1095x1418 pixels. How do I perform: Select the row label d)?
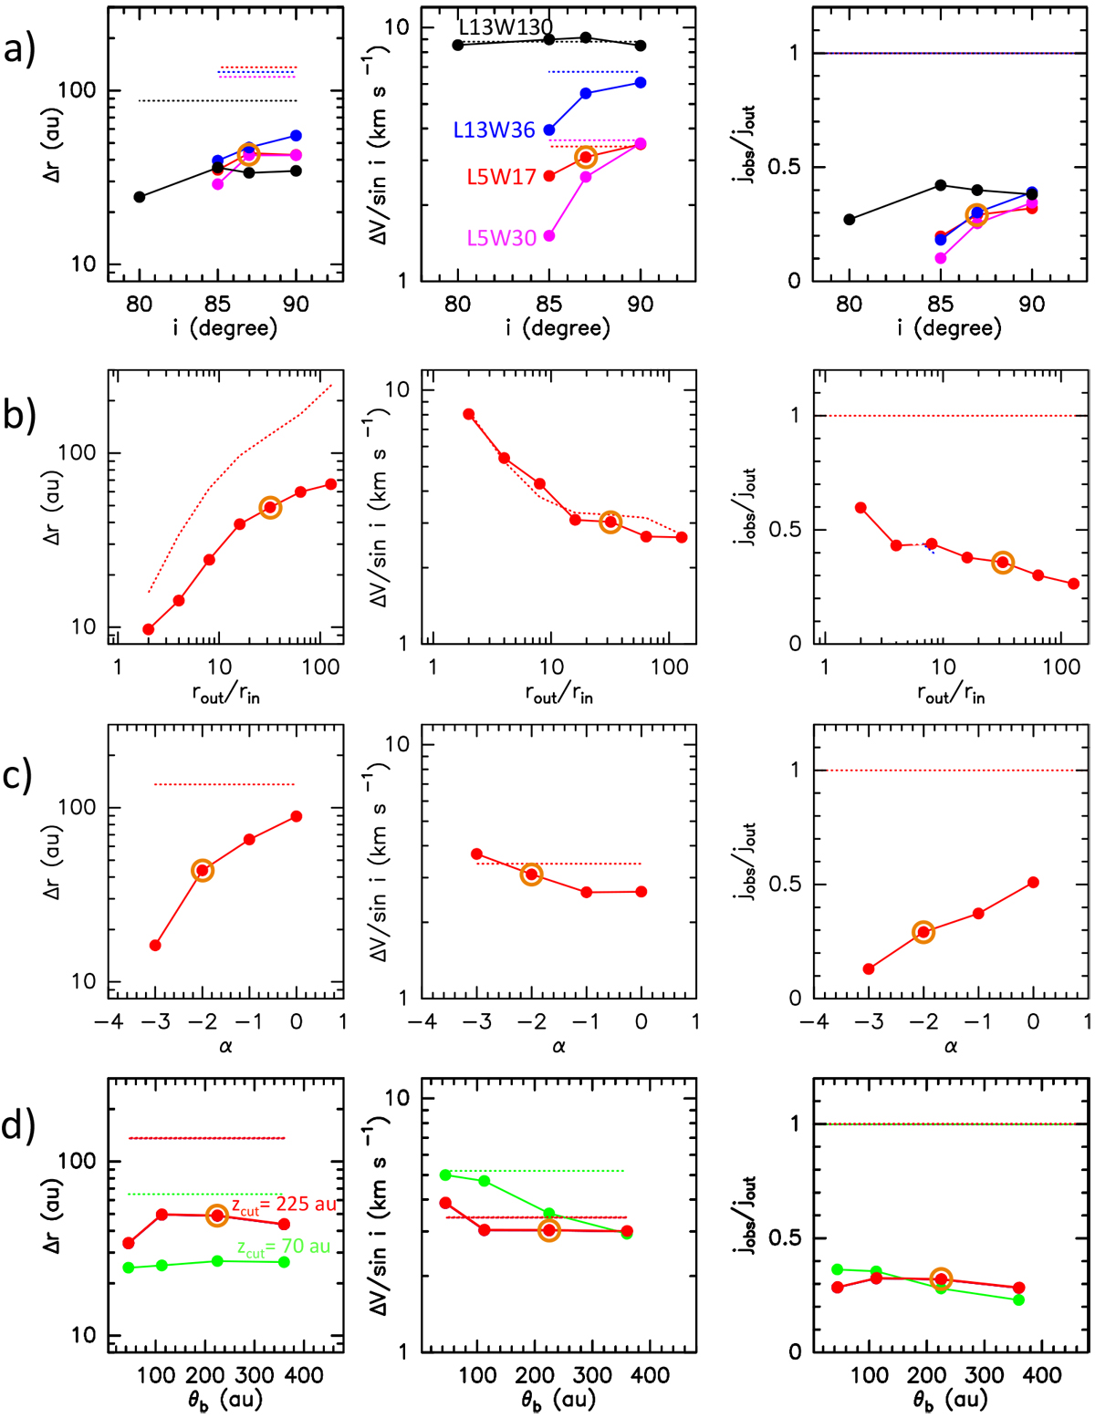pyautogui.click(x=20, y=1125)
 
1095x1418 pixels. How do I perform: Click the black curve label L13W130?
pyautogui.click(x=506, y=27)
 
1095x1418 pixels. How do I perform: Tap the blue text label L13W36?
pyautogui.click(x=494, y=130)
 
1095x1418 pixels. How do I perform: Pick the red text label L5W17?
pyautogui.click(x=501, y=177)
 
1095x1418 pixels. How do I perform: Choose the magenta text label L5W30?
pyautogui.click(x=501, y=238)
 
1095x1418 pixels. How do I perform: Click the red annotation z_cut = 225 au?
pyautogui.click(x=283, y=1205)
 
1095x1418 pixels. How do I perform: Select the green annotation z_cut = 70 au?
pyautogui.click(x=283, y=1247)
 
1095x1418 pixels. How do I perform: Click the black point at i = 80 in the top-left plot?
pyautogui.click(x=140, y=197)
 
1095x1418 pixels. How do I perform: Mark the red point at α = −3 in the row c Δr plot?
pyautogui.click(x=155, y=945)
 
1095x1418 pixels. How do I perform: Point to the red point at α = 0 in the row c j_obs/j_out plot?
pyautogui.click(x=1033, y=882)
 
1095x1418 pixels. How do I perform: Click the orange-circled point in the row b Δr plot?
pyautogui.click(x=270, y=508)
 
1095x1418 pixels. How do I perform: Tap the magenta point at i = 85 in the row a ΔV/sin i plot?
pyautogui.click(x=549, y=236)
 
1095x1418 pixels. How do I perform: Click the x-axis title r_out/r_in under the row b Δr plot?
pyautogui.click(x=225, y=693)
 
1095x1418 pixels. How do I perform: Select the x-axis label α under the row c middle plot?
pyautogui.click(x=558, y=1046)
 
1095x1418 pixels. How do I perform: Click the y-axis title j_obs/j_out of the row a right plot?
pyautogui.click(x=746, y=143)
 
